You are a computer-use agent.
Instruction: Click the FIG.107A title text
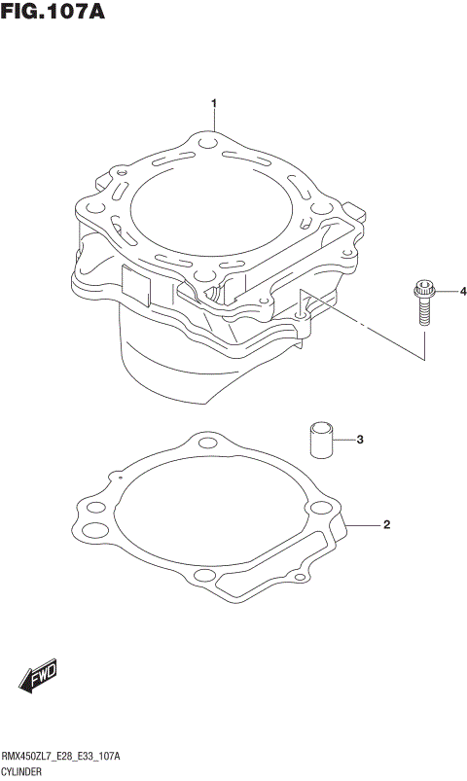[x=53, y=13]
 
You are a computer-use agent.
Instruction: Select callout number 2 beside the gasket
[x=386, y=525]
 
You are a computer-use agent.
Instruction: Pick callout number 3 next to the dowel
[x=359, y=440]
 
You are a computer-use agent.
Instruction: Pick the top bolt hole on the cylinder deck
[x=207, y=144]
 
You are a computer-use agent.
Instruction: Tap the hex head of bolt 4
[x=423, y=289]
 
